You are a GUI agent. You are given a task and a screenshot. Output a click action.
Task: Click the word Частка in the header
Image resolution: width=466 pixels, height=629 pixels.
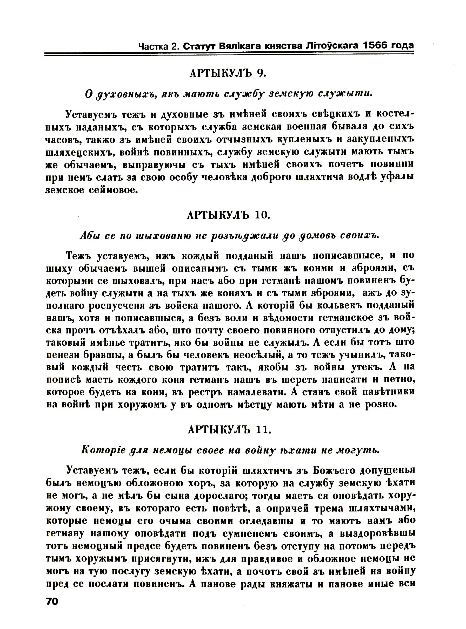point(154,46)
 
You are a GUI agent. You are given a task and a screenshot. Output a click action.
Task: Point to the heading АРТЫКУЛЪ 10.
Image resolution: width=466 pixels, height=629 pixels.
point(229,215)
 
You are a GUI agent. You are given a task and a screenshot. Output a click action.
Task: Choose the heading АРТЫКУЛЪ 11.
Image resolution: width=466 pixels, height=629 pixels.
point(229,430)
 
